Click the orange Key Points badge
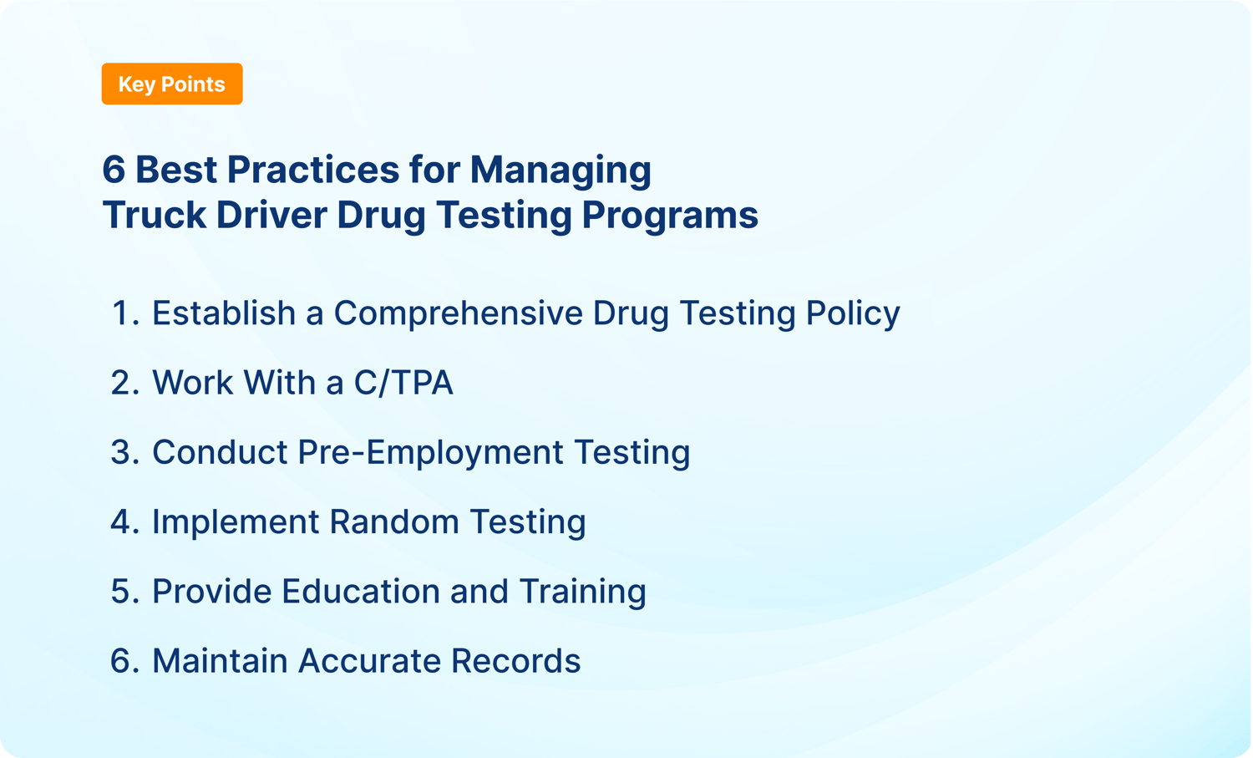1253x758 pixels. (x=171, y=84)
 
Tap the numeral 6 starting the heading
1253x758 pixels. (x=114, y=170)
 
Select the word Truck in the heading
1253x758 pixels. (x=154, y=215)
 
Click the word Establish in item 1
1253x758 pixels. (x=223, y=313)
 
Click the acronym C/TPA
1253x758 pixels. (x=403, y=383)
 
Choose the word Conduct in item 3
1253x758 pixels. (x=219, y=452)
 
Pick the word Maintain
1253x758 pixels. (x=219, y=661)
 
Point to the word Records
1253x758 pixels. (x=515, y=661)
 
